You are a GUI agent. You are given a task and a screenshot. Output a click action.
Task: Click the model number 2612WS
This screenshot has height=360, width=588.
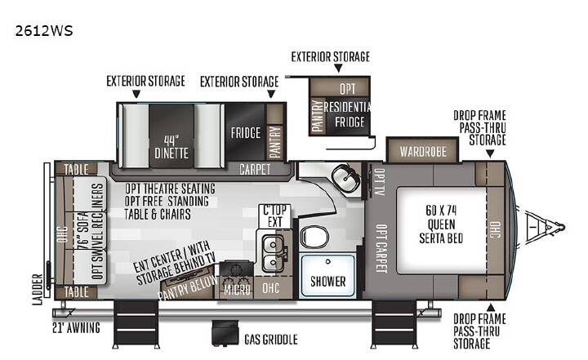[x=44, y=31]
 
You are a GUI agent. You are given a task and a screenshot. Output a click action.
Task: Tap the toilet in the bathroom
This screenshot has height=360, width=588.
[x=314, y=238]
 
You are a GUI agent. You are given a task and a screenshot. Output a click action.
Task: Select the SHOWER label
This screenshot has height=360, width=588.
[x=328, y=282]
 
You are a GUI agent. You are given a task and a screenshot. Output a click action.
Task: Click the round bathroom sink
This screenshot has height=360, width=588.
[x=345, y=177]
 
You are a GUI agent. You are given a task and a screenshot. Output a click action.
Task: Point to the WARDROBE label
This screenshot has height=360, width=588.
[x=423, y=152]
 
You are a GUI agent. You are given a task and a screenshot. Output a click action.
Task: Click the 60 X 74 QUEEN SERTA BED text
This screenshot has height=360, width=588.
[x=441, y=224]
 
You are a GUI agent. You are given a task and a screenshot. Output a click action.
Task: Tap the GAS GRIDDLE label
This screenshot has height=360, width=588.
[x=271, y=340]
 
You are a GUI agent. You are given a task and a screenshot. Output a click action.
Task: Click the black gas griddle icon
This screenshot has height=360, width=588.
[x=225, y=332]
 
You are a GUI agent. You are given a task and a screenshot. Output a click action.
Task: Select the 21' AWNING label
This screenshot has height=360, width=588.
[x=76, y=327]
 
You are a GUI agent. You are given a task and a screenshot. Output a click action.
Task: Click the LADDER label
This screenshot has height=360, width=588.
[x=38, y=289]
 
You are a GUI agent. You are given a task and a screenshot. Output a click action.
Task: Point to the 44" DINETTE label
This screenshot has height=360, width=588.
[x=171, y=147]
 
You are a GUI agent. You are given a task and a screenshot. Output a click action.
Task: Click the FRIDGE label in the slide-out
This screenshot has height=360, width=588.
[x=246, y=133]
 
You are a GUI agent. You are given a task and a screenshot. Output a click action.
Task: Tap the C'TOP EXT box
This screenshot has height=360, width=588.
[x=275, y=216]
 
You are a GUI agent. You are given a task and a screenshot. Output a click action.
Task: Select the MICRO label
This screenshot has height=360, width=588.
[x=237, y=290]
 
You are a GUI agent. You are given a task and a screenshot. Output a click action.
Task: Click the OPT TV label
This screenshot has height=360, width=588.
[x=380, y=182]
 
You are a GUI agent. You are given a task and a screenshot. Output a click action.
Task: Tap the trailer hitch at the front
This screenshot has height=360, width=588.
[x=545, y=227]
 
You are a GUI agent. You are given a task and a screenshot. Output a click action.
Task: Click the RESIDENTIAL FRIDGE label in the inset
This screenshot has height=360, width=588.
[x=348, y=114]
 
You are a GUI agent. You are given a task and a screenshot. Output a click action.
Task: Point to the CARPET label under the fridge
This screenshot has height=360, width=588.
[x=255, y=170]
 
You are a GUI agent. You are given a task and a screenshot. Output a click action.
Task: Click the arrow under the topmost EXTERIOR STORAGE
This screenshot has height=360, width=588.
[x=338, y=69]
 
